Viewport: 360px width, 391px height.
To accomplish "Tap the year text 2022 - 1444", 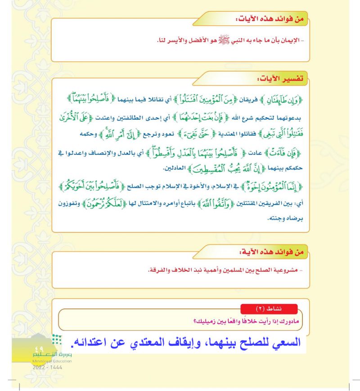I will tap(47, 367).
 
